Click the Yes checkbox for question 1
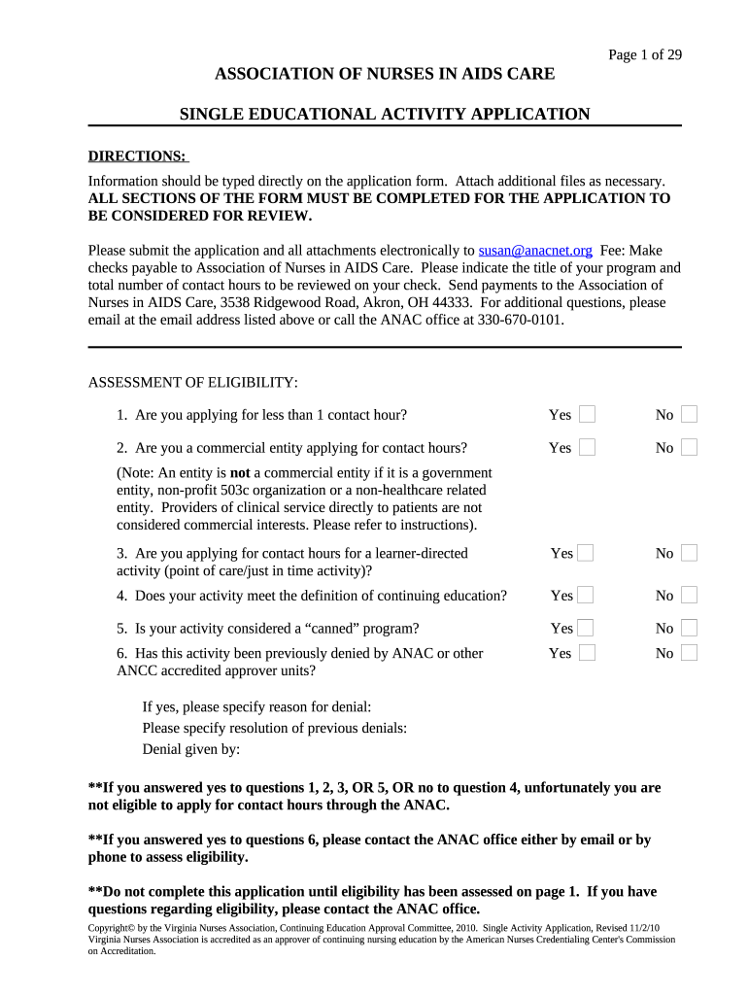point(587,415)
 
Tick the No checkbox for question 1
point(689,415)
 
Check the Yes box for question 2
point(587,448)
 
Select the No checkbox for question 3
point(689,553)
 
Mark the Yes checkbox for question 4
point(587,595)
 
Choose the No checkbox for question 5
point(689,628)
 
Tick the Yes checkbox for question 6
point(587,653)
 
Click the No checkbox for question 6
point(689,653)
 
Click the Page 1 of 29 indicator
point(645,54)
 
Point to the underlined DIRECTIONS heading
point(137,156)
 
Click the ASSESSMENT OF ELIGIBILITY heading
point(193,382)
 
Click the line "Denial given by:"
point(190,749)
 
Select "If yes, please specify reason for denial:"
point(256,706)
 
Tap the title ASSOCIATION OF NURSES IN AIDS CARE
point(385,74)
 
